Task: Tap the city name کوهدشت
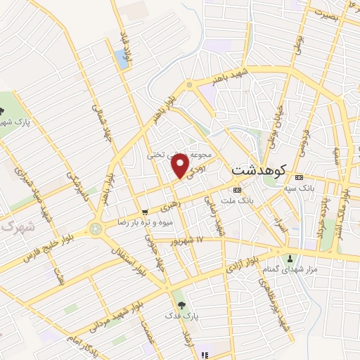click(259, 171)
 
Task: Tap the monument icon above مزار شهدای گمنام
click(290, 259)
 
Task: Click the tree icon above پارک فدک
click(182, 304)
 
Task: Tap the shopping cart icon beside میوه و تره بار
click(145, 212)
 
